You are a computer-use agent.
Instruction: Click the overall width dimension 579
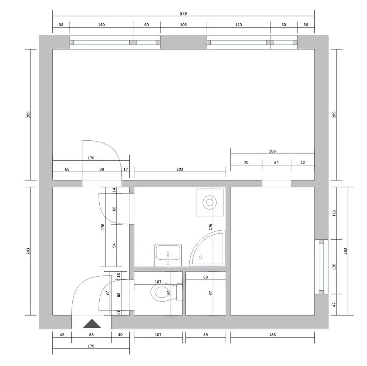pyautogui.click(x=183, y=13)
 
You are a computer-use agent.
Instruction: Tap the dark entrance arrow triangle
pyautogui.click(x=92, y=324)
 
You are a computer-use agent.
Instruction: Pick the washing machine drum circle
pyautogui.click(x=209, y=202)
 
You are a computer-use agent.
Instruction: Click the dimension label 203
pyautogui.click(x=180, y=169)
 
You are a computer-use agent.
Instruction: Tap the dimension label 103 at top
pyautogui.click(x=183, y=25)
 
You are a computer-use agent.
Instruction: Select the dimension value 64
pyautogui.click(x=276, y=163)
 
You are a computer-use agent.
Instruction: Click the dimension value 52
pyautogui.click(x=302, y=163)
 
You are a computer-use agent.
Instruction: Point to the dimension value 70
pyautogui.click(x=246, y=163)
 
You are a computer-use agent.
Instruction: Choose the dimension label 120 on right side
pyautogui.click(x=334, y=267)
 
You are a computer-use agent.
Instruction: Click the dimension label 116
pyautogui.click(x=334, y=213)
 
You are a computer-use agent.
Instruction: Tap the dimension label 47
pyautogui.click(x=334, y=305)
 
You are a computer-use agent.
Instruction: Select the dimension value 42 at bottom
pyautogui.click(x=62, y=334)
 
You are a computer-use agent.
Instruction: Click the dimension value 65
pyautogui.click(x=67, y=169)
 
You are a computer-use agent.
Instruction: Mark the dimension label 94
pyautogui.click(x=114, y=245)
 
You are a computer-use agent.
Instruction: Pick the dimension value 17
pyautogui.click(x=126, y=169)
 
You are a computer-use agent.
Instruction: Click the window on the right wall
pyautogui.click(x=321, y=267)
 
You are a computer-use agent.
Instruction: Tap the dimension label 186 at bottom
pyautogui.click(x=272, y=334)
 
